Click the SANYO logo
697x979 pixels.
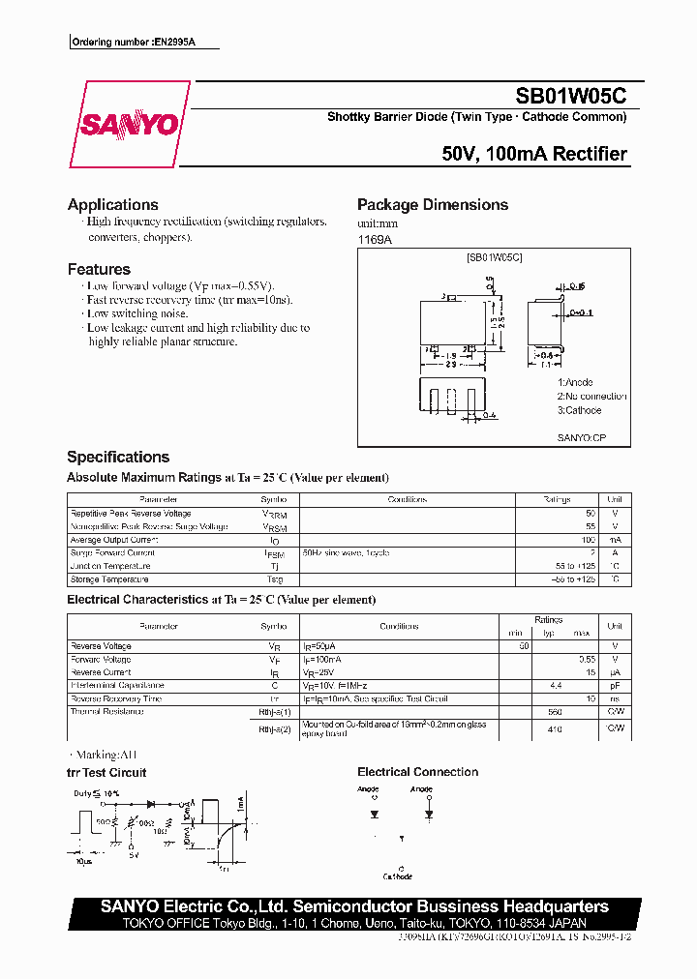coord(129,125)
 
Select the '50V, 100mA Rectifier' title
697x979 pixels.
coord(534,154)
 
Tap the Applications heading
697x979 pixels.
coord(113,204)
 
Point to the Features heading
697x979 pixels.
coord(99,269)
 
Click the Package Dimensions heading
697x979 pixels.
coord(433,204)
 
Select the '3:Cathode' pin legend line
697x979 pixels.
coord(579,410)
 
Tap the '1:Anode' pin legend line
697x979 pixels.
coord(575,383)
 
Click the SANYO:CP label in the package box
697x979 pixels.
coord(581,438)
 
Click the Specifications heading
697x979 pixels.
coord(118,457)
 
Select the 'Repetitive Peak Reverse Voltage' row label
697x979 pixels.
coord(131,514)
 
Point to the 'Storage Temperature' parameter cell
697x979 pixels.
coord(109,579)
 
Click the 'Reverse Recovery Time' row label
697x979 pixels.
coord(116,698)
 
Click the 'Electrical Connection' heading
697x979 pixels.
coord(417,772)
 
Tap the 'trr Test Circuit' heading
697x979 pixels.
coord(106,772)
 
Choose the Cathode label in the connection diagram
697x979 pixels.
coord(397,876)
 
